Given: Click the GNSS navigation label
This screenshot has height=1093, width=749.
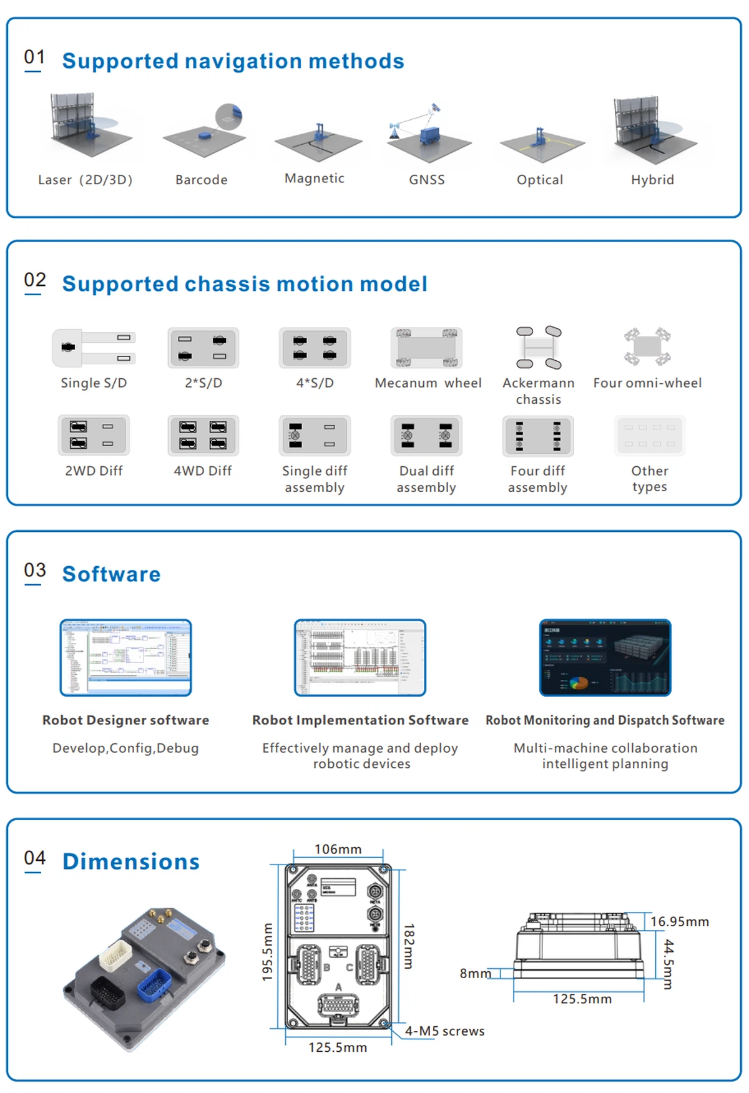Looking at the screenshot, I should point(427,180).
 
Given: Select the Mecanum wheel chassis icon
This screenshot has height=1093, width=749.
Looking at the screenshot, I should point(427,348).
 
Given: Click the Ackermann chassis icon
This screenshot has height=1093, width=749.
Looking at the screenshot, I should point(539,347).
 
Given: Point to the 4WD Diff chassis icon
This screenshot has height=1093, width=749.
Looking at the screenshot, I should point(203,435).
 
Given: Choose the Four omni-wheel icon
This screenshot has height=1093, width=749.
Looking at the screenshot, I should point(647,346).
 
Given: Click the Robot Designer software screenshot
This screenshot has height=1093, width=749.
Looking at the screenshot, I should point(125,657).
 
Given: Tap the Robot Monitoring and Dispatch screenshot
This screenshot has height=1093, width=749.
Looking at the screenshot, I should point(605,657).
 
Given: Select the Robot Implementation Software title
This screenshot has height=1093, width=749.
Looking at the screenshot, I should point(360,720).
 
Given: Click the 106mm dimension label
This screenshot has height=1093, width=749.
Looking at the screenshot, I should point(338,849).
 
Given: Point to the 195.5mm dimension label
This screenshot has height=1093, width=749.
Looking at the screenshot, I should point(267,951).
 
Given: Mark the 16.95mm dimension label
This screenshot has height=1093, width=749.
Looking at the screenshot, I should point(679,921).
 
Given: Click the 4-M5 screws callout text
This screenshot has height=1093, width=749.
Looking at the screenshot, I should point(444,1031).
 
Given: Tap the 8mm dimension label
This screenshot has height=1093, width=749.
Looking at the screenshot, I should point(475,973).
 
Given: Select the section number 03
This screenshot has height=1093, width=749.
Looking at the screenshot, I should point(35,570).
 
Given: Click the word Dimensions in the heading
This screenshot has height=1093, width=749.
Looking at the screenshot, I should point(131,861).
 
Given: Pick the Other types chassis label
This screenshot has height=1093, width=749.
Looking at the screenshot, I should point(649,479).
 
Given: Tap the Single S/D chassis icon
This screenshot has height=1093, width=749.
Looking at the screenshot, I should point(94,347).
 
